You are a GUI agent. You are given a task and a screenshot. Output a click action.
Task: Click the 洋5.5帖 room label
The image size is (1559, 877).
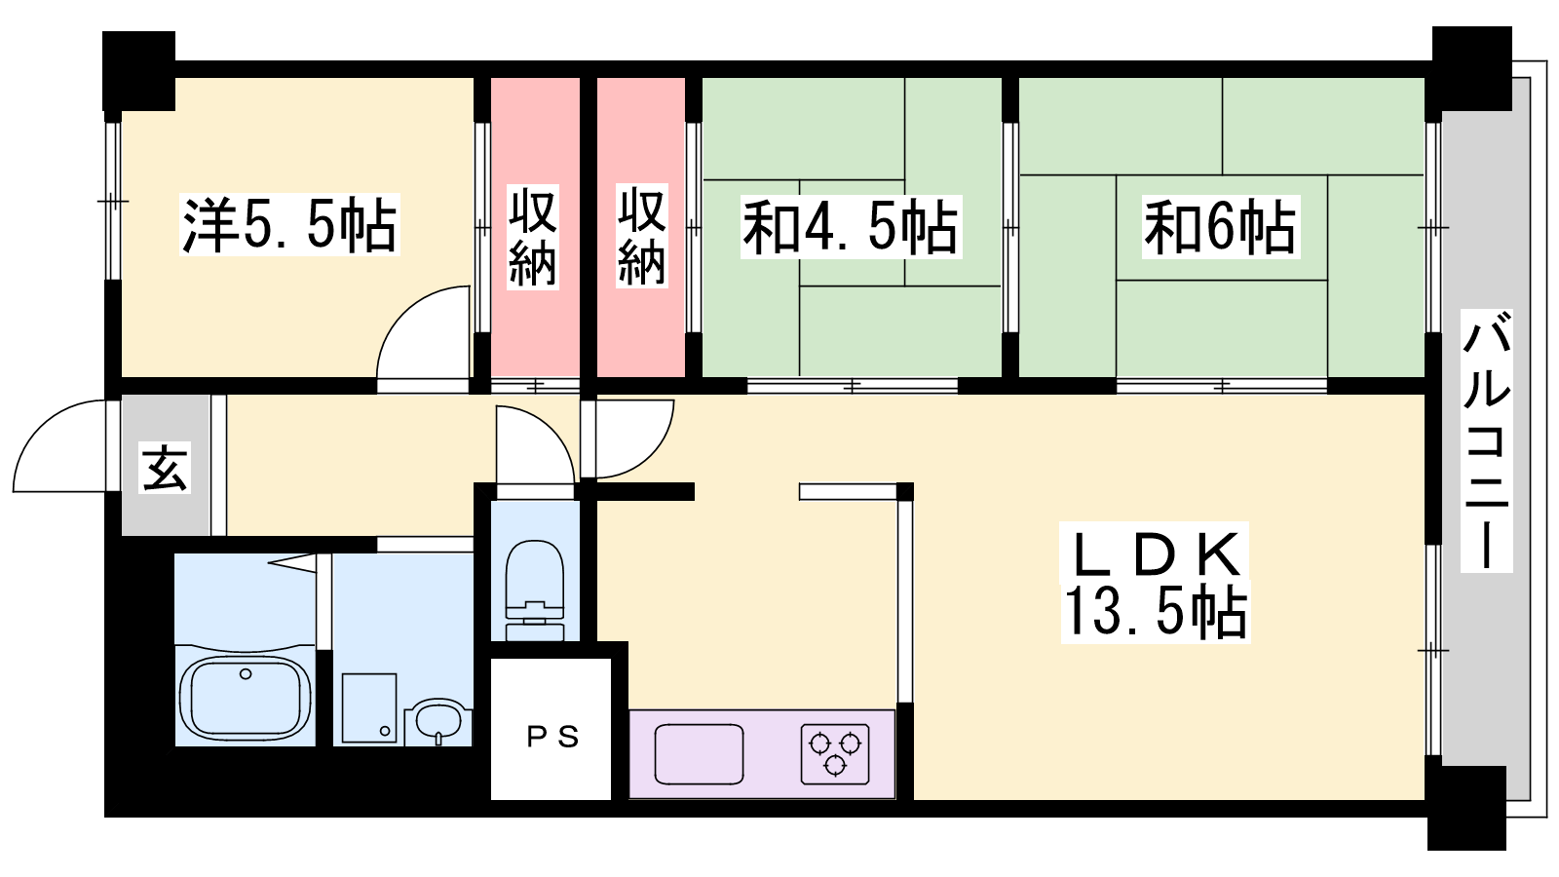tap(289, 225)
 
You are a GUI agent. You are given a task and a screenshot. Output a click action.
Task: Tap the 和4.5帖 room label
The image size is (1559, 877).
tap(851, 227)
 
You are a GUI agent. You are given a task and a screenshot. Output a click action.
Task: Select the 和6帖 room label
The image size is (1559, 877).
tap(1221, 227)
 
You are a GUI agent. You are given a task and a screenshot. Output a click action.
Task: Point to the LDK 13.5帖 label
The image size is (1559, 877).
tap(1156, 582)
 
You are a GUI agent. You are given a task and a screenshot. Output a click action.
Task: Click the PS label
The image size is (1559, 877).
tap(552, 737)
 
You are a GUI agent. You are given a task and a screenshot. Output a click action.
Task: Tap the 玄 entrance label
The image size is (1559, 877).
tap(165, 467)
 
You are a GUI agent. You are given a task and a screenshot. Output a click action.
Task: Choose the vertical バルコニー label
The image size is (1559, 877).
tap(1486, 439)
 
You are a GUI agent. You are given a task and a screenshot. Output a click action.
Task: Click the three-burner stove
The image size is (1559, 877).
tap(834, 754)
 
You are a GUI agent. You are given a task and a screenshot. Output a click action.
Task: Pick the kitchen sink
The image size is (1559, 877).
tap(699, 754)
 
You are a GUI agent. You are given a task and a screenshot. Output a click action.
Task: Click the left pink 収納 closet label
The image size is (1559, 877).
tap(532, 237)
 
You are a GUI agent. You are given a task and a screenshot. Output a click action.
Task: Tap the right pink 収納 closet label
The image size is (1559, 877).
tap(642, 237)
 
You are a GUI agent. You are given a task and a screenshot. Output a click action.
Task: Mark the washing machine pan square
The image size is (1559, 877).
tap(369, 708)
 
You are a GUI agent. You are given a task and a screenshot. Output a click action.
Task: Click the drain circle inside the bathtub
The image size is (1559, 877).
tap(245, 673)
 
